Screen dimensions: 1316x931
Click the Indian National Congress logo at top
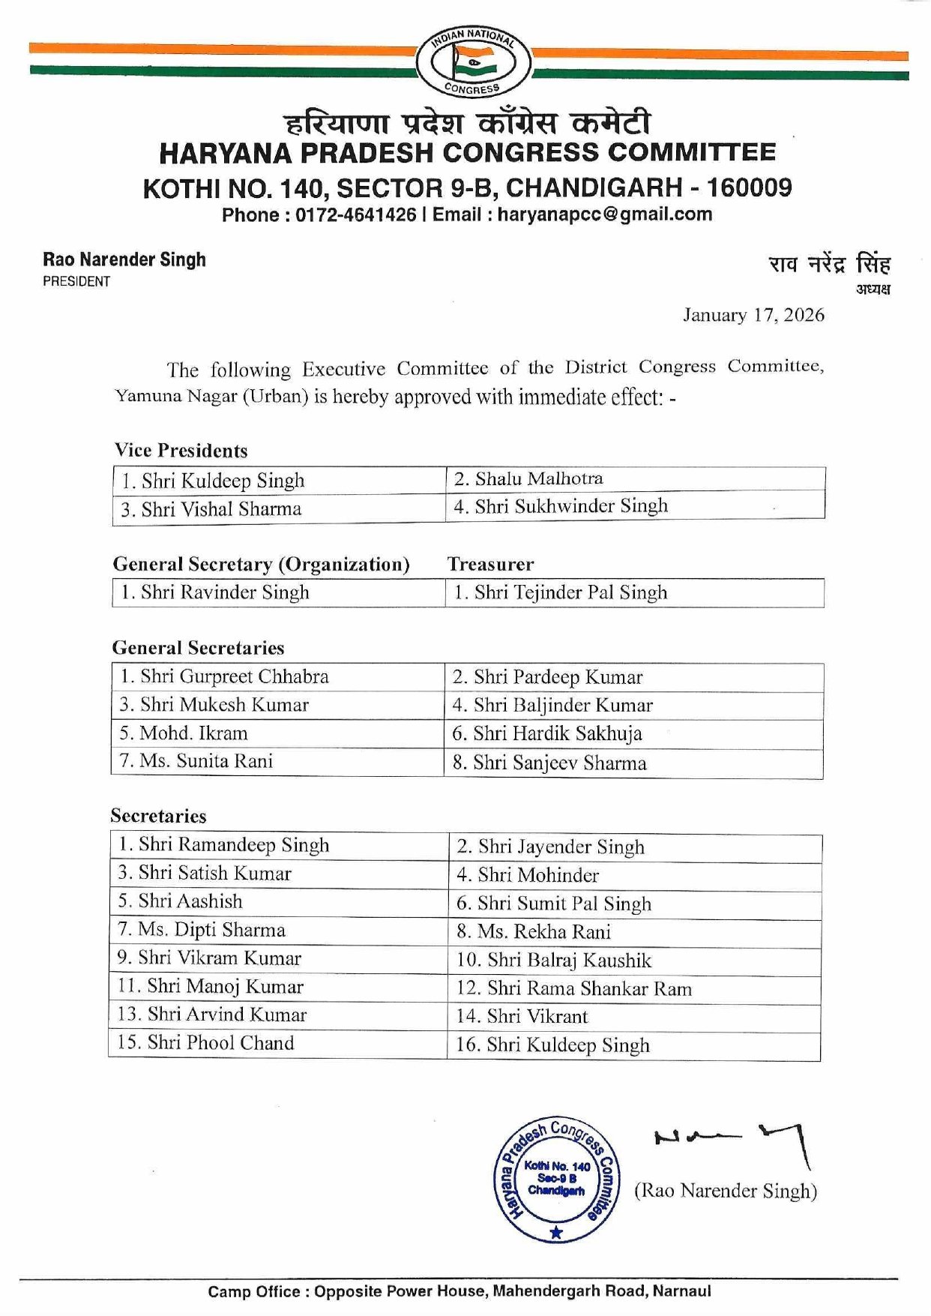[472, 63]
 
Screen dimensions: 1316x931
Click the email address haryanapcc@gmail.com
[604, 214]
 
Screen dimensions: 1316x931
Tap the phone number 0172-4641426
[355, 215]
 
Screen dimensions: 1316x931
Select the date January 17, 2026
[753, 315]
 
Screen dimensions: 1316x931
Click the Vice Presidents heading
[181, 451]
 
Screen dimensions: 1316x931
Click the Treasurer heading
[490, 564]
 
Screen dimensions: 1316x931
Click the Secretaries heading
[158, 816]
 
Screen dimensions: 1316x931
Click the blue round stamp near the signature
[555, 1178]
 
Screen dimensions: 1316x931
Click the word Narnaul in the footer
[681, 1291]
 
